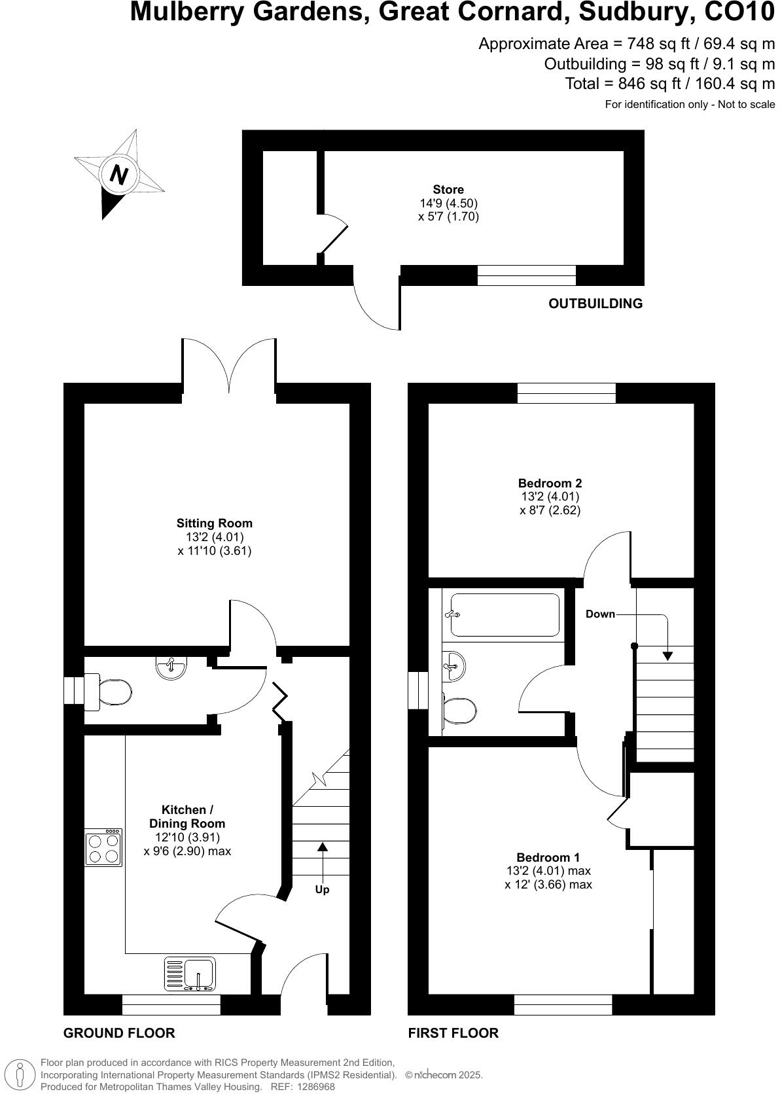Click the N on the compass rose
118,175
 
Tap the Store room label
448,190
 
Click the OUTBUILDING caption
595,304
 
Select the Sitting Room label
214,523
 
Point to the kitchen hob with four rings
103,848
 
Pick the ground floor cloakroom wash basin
171,667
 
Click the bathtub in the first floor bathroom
505,614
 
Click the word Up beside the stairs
322,890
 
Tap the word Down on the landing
600,614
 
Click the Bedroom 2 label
550,483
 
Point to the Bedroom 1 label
548,857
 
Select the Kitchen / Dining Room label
187,817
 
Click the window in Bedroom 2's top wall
566,393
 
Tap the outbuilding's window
526,275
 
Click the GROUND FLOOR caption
119,1033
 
